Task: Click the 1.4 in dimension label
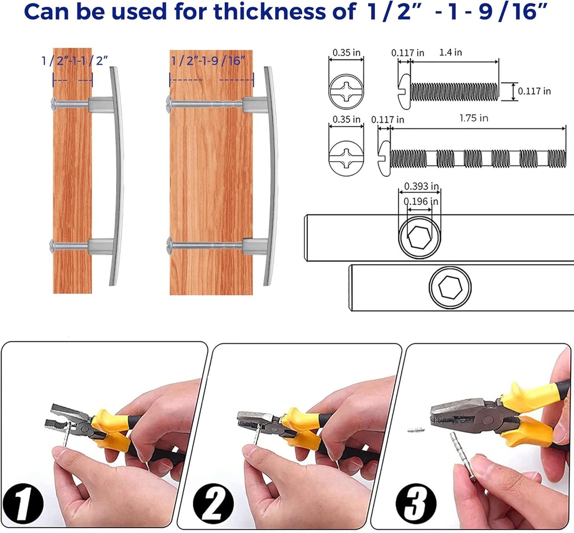450,52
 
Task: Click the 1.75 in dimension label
474,118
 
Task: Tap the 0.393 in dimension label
422,186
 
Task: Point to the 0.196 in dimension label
421,201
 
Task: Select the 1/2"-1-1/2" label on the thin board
75,61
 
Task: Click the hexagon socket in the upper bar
419,237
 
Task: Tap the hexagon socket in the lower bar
450,287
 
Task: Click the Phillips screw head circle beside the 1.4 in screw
346,91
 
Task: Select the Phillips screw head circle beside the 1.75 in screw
346,159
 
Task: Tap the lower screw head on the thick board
169,245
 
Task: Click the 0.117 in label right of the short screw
534,91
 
